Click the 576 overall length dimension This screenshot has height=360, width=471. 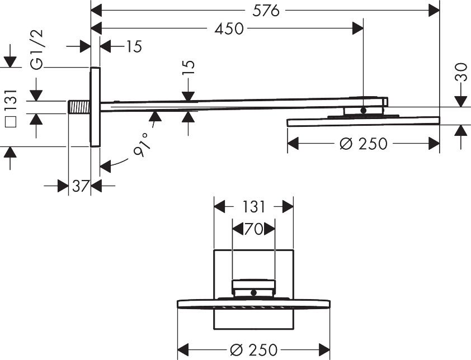tap(266, 11)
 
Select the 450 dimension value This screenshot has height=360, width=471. tap(229, 29)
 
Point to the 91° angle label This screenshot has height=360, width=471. tap(142, 145)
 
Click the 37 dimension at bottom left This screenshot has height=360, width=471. tap(81, 186)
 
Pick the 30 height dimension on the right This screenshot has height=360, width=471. tap(461, 73)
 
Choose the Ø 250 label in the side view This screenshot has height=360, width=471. tap(363, 144)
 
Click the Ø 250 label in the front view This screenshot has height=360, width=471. tap(253, 350)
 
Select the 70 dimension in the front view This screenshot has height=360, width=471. tap(253, 228)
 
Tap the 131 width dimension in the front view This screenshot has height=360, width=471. tap(253, 207)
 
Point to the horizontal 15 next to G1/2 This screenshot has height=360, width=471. tap(133, 46)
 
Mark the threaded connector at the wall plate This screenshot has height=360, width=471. tap(79, 107)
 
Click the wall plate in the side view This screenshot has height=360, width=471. tap(95, 107)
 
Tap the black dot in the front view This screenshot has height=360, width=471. tap(253, 292)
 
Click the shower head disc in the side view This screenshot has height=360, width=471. tap(363, 121)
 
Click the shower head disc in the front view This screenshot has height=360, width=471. tap(253, 304)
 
